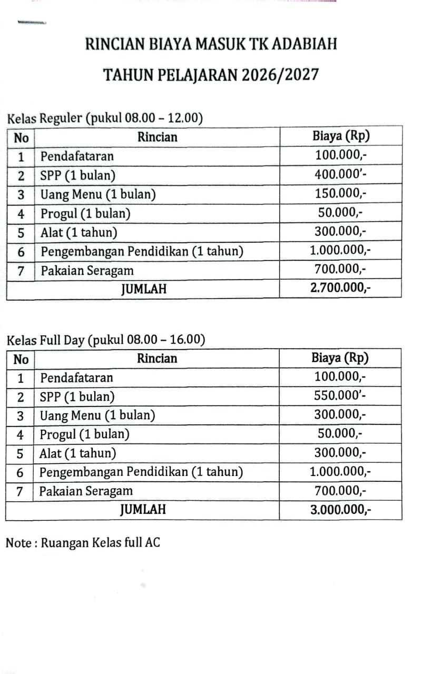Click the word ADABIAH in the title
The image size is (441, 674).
[x=305, y=43]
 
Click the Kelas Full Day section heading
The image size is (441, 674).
[x=105, y=340]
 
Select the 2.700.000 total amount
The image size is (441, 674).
[x=340, y=288]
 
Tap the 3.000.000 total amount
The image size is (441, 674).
[x=340, y=509]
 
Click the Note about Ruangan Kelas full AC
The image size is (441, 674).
[x=83, y=542]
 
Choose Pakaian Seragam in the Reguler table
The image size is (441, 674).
[x=87, y=271]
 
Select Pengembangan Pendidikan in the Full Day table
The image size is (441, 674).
[x=141, y=472]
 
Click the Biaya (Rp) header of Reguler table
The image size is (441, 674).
[x=340, y=136]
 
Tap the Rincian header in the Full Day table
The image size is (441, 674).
[x=157, y=359]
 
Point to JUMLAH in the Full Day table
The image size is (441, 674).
[x=143, y=509]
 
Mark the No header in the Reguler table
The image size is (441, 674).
[x=21, y=138]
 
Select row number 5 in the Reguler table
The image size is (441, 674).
[x=21, y=232]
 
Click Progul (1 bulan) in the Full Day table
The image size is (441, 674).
[x=84, y=434]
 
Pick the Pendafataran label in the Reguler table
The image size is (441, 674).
[x=77, y=156]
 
